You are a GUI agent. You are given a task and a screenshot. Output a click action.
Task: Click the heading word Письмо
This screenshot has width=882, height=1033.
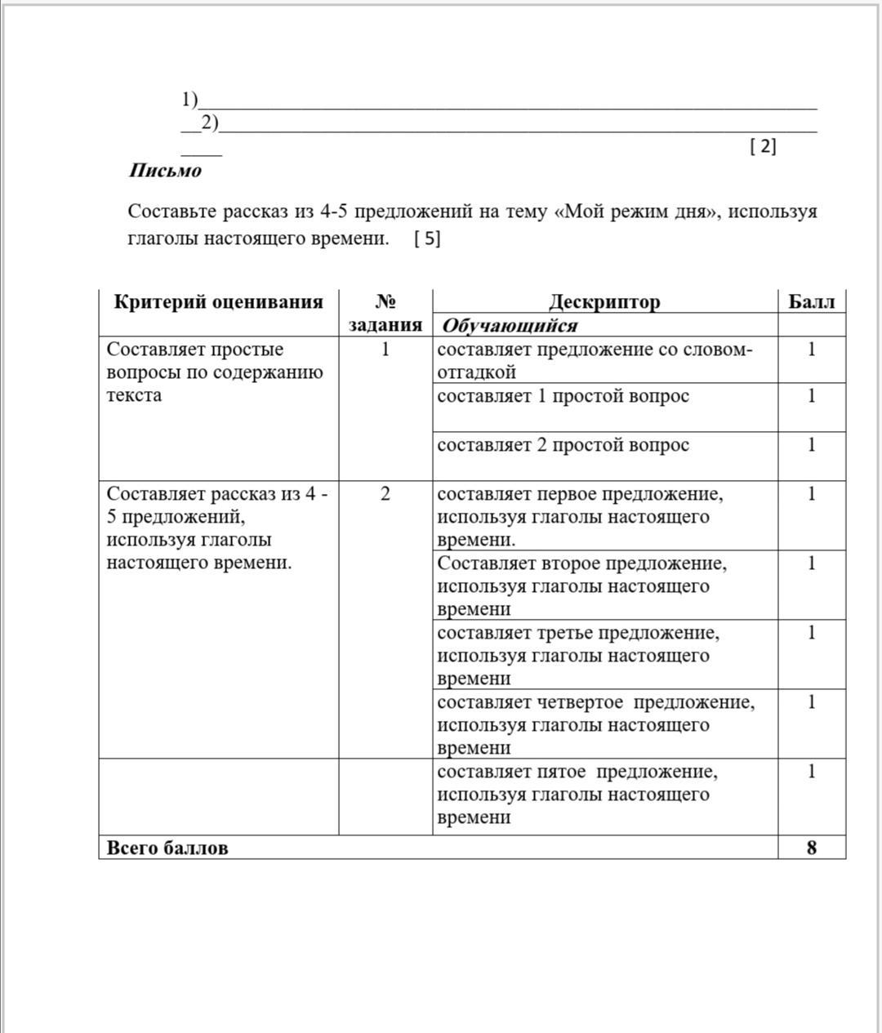point(165,171)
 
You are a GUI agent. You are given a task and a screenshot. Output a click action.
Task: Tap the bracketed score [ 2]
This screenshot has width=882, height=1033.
point(763,146)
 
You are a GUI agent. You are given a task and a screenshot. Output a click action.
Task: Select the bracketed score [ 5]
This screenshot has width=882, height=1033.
point(427,238)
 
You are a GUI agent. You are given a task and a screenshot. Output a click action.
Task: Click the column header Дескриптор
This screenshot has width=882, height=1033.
point(604,302)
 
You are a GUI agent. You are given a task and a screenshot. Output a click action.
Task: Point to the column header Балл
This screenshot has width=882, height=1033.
point(811,302)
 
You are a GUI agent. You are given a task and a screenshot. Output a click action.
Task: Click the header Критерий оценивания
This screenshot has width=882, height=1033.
point(218,302)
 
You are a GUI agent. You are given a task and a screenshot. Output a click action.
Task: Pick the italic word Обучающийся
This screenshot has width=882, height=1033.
point(510,326)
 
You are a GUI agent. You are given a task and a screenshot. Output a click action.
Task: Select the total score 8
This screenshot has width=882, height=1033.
point(811,848)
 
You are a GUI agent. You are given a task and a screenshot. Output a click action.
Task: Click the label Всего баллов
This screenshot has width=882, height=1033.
point(167,848)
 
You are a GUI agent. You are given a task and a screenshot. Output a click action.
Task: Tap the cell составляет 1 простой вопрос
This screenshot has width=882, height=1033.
point(563,397)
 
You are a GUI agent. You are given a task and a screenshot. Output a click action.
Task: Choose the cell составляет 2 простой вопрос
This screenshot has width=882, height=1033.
point(563,446)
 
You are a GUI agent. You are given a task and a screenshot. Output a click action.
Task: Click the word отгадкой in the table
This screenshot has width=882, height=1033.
point(476,372)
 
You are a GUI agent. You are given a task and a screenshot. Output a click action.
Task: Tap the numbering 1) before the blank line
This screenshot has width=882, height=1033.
point(189,100)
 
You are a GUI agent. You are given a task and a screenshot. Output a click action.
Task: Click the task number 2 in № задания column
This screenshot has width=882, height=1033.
point(385,494)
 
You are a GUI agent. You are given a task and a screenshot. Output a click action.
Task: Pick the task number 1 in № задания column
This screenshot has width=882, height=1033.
point(385,350)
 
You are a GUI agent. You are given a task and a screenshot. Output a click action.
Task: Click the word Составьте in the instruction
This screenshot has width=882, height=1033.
point(167,211)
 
